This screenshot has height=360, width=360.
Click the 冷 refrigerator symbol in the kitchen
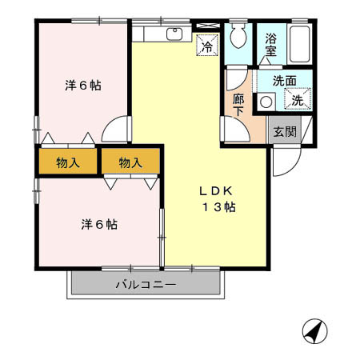pos(206,46)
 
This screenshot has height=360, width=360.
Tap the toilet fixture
pos(238,37)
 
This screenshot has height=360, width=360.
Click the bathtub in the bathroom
pos(302,45)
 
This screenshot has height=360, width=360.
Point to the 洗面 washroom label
pos(284,81)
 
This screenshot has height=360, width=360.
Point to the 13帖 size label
pos(218,207)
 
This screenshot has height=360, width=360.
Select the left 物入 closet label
pos(68,162)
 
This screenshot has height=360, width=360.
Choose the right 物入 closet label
pos(130,162)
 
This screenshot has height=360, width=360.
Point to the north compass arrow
pos(314,330)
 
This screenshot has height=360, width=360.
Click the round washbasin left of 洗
pos(266,102)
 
